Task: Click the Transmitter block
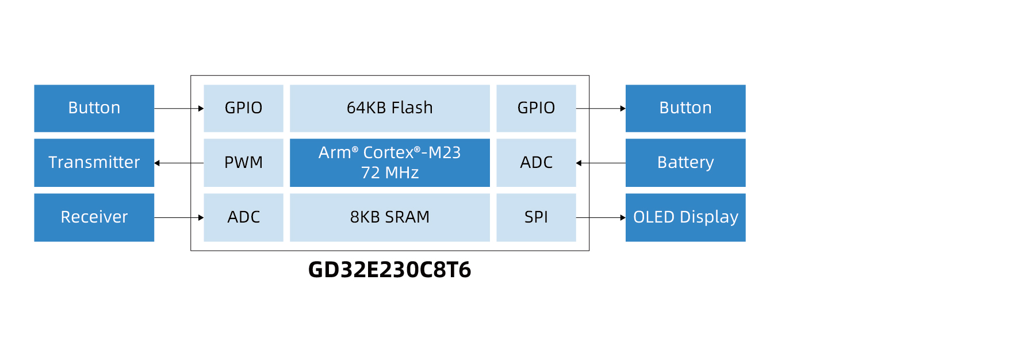point(94,163)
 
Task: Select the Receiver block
point(94,217)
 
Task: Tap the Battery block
point(685,163)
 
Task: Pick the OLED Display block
point(685,217)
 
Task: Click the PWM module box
point(243,163)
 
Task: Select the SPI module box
point(536,217)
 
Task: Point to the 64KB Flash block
point(389,108)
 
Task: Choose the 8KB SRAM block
point(389,217)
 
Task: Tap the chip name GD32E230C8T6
point(389,270)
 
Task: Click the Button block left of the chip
point(94,108)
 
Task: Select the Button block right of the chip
point(685,108)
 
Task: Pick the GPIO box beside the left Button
point(243,108)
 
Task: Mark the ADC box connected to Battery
point(536,163)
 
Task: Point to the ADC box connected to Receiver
point(243,217)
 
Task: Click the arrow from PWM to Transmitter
point(179,163)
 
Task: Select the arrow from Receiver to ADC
point(179,218)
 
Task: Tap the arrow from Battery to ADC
point(601,163)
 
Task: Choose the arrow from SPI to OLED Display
point(601,218)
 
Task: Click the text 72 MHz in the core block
point(389,173)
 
